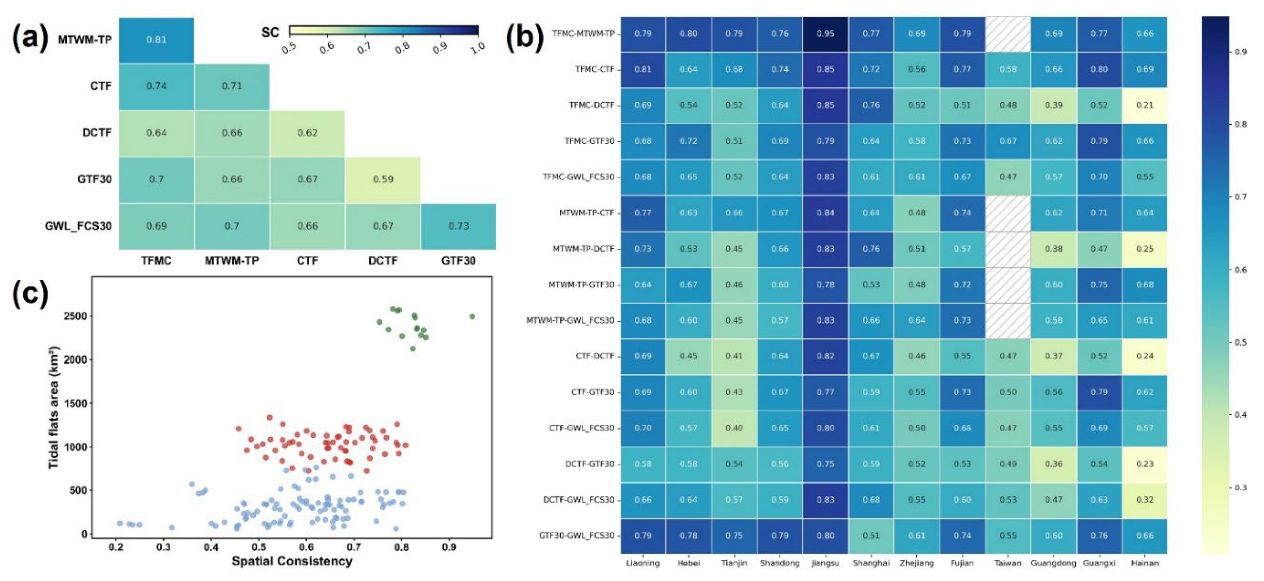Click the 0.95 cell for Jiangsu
(x=825, y=33)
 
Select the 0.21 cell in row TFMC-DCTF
(x=1145, y=105)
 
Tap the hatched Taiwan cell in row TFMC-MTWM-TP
(x=1008, y=33)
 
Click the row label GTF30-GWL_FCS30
(x=577, y=535)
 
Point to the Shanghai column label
(x=871, y=563)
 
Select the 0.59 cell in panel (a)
(x=383, y=179)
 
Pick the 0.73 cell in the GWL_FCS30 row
(x=458, y=226)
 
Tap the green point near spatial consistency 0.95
(x=472, y=316)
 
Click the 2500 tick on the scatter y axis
(x=75, y=316)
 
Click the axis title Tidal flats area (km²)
(x=54, y=407)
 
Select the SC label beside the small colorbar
(x=270, y=32)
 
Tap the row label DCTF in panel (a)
(x=97, y=133)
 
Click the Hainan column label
(x=1145, y=563)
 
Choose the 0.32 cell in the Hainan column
(x=1145, y=500)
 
